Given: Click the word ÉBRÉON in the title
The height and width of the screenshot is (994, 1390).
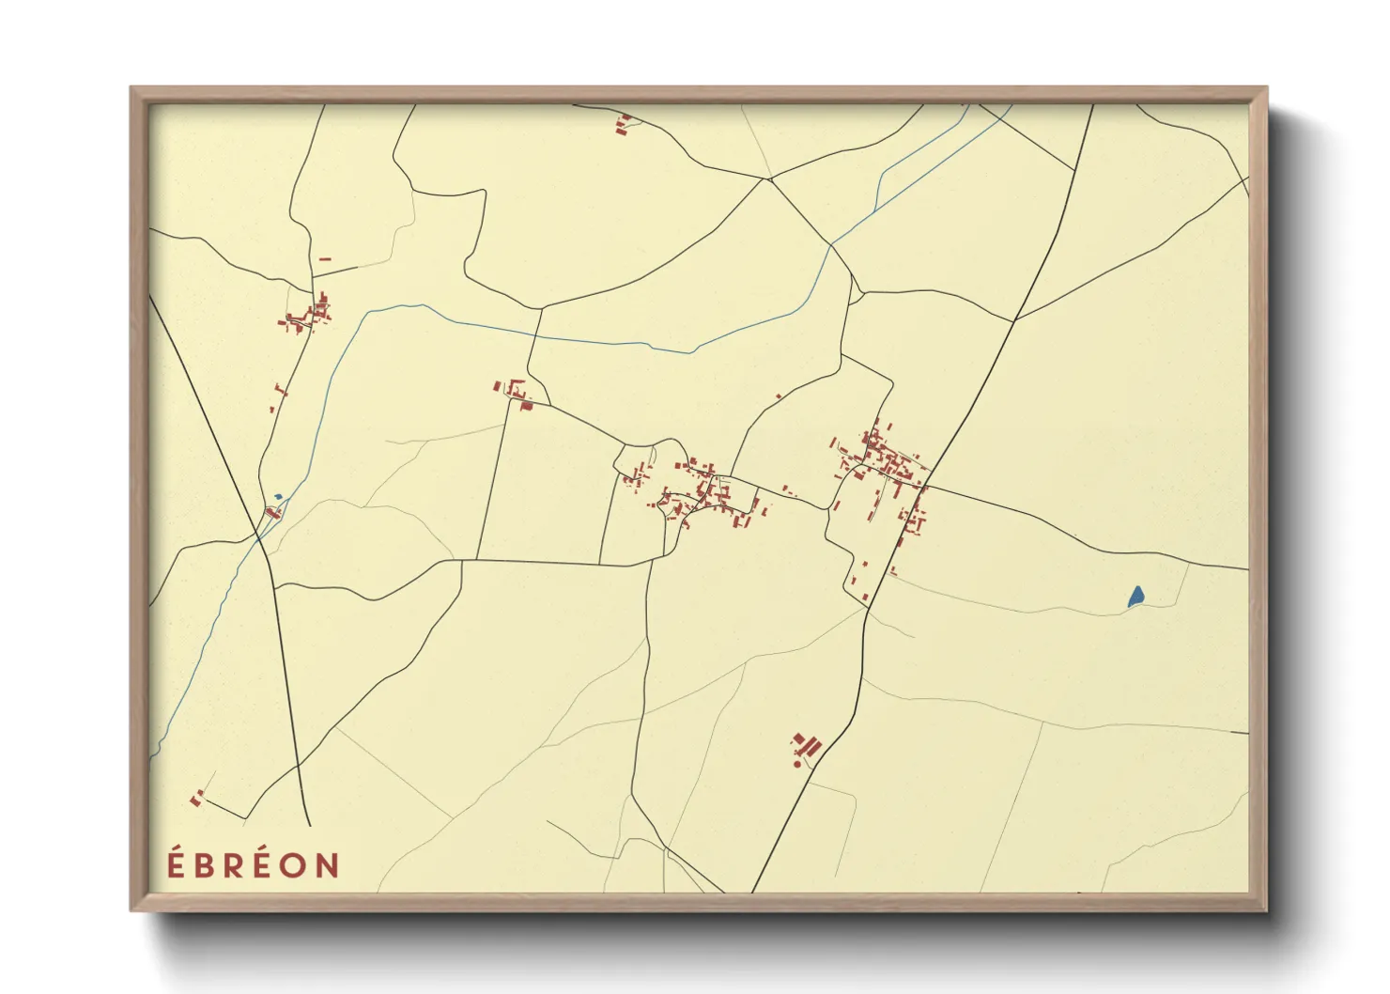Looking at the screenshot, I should point(254,864).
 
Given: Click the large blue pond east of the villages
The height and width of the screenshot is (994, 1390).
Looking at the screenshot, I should point(1135,596).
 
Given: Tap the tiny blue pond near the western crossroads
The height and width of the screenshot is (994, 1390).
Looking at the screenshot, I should point(277,497).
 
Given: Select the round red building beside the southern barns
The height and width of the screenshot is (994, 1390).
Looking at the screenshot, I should point(797,764).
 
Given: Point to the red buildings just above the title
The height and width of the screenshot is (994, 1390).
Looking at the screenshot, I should point(196,800).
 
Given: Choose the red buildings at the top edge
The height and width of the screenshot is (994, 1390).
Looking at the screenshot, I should point(623,123).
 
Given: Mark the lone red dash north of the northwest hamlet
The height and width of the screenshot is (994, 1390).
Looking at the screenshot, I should point(325,259).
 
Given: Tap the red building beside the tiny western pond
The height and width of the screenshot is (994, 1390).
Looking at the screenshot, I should point(272,512).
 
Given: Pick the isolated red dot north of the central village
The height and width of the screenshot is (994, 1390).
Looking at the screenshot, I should point(779,397).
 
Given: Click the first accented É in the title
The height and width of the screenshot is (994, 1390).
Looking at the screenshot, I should point(176,863).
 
